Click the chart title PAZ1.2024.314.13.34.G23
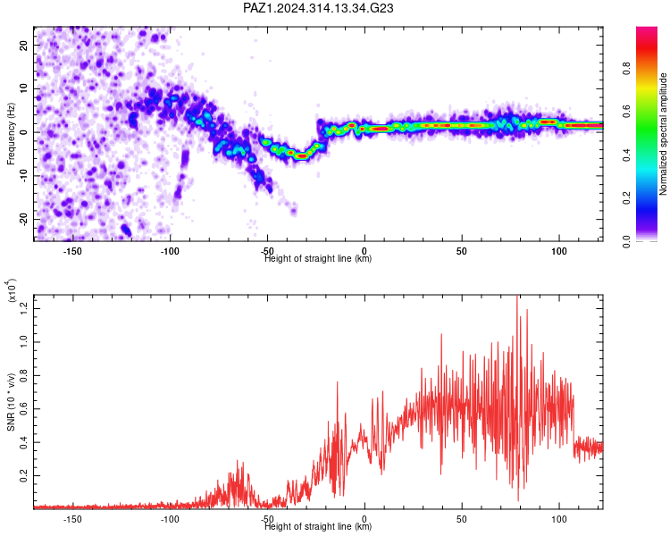pyautogui.click(x=318, y=8)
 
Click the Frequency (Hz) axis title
pyautogui.click(x=11, y=134)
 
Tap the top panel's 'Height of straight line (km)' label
pyautogui.click(x=318, y=258)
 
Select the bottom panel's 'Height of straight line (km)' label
pyautogui.click(x=318, y=526)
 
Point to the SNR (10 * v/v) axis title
pyautogui.click(x=11, y=402)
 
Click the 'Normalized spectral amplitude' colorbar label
pyautogui.click(x=663, y=134)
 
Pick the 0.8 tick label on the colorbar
pyautogui.click(x=626, y=69)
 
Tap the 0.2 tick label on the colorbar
pyautogui.click(x=626, y=198)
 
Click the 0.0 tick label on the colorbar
pyautogui.click(x=626, y=241)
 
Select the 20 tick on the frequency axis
pyautogui.click(x=23, y=45)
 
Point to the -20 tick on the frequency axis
pyautogui.click(x=23, y=219)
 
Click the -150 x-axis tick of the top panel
pyautogui.click(x=72, y=251)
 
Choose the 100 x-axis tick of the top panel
pyautogui.click(x=559, y=251)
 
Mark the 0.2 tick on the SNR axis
pyautogui.click(x=23, y=475)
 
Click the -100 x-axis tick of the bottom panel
pyautogui.click(x=170, y=519)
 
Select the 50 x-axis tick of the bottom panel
pyautogui.click(x=462, y=519)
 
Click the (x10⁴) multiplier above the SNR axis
pyautogui.click(x=12, y=290)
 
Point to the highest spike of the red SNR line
pyautogui.click(x=517, y=296)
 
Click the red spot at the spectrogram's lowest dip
pyautogui.click(x=302, y=156)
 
